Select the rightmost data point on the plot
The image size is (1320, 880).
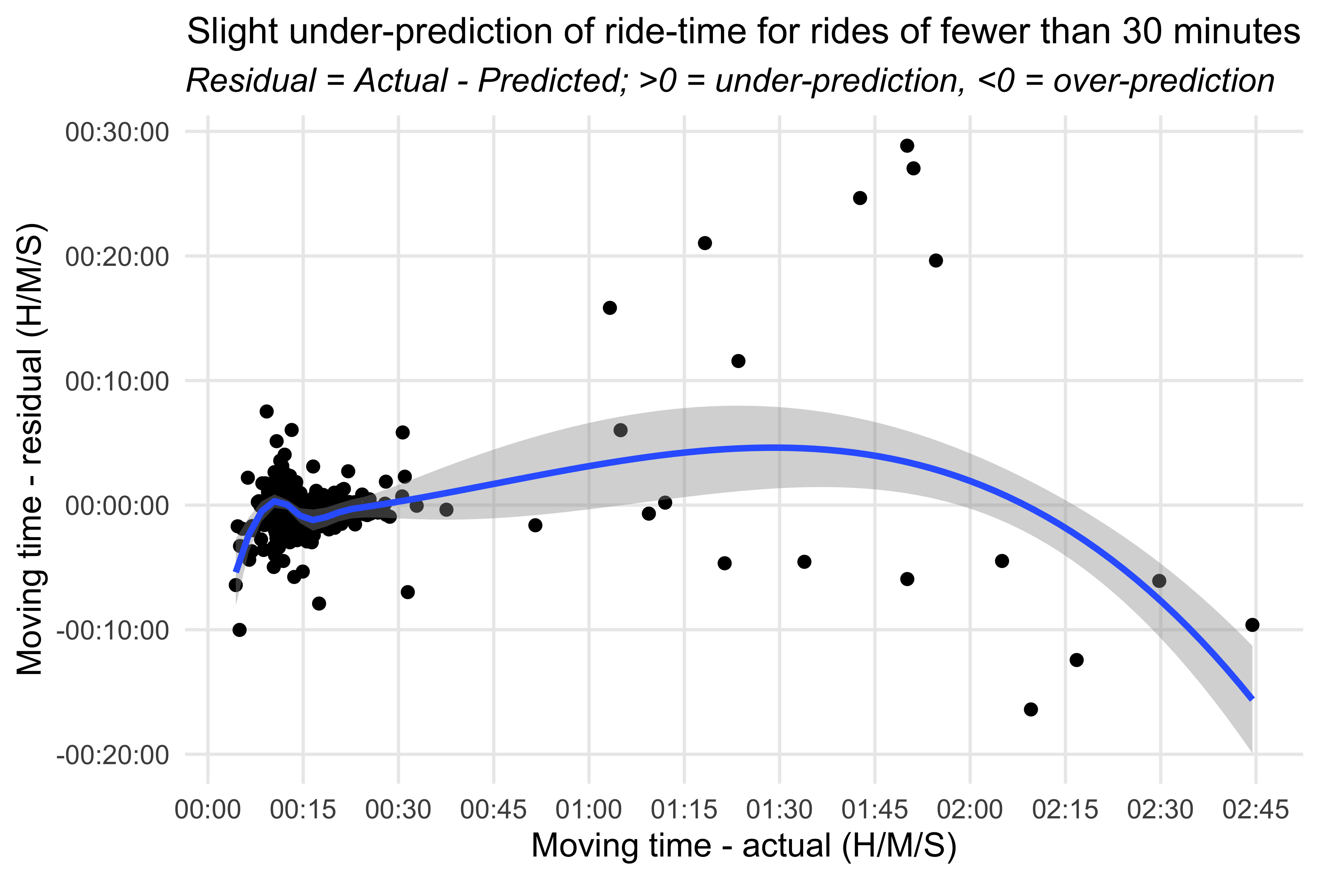1252,625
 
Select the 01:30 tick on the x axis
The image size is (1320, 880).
779,810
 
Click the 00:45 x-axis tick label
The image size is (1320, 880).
493,810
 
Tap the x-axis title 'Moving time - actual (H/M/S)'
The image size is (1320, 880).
744,846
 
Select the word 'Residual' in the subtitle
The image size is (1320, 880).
251,81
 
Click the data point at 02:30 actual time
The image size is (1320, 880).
1159,581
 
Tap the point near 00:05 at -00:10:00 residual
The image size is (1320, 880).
240,630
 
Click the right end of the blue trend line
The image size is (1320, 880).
1252,699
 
